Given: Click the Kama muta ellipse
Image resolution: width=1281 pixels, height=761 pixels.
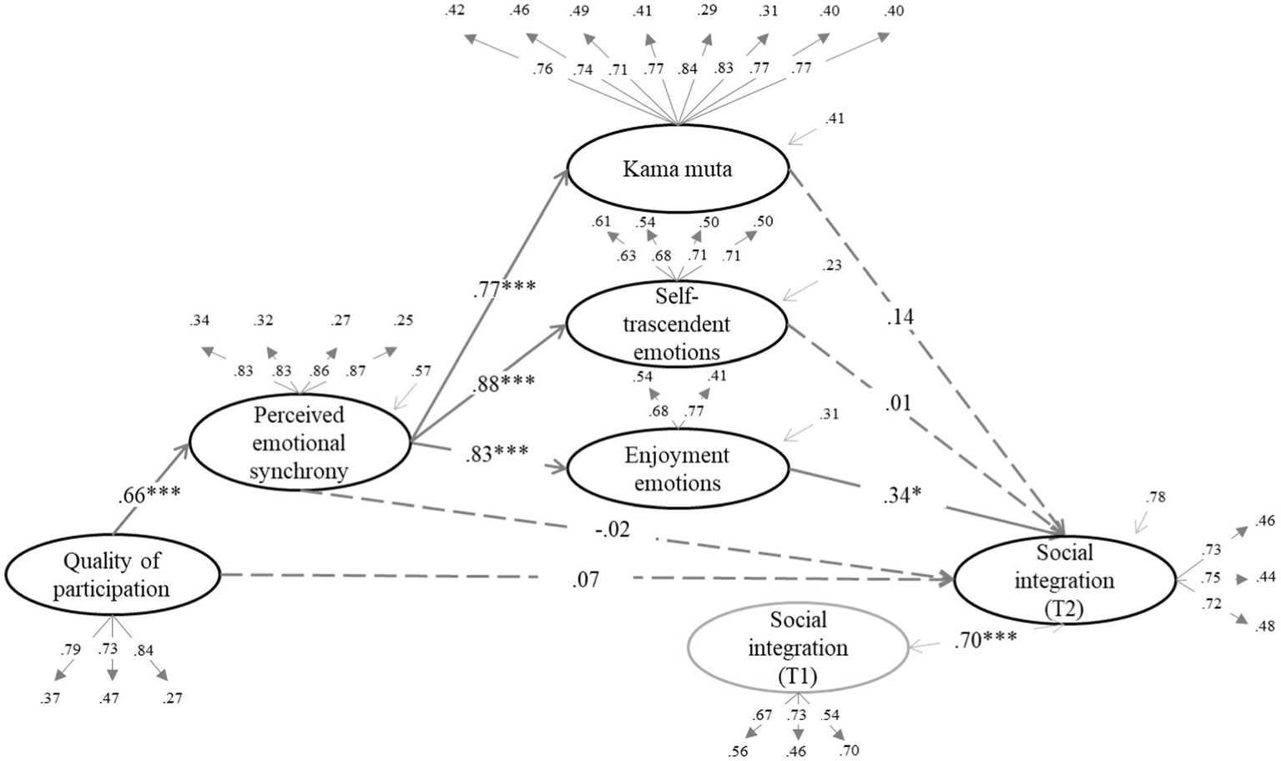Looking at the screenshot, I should click(677, 169).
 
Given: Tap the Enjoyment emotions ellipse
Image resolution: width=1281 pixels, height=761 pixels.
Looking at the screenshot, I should click(677, 469).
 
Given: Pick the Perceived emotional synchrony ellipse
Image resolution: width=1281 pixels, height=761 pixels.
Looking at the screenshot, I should click(300, 442).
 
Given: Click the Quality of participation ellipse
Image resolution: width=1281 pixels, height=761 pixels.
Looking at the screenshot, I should click(112, 575).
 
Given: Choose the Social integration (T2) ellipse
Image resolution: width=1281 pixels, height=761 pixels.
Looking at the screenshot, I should click(1064, 580).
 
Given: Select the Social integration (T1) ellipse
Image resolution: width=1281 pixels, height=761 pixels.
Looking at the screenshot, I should click(798, 648).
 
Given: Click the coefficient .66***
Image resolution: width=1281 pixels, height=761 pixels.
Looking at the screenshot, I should click(149, 494).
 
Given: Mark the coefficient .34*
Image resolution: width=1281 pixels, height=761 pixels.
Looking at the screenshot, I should click(902, 496).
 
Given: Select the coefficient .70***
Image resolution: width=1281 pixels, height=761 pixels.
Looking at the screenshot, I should click(986, 640).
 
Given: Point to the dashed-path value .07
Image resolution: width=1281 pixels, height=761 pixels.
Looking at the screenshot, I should click(585, 579).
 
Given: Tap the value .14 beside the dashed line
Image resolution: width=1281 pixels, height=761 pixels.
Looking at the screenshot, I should click(900, 317).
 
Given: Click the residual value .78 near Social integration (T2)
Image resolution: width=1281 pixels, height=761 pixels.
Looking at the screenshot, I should click(1156, 497).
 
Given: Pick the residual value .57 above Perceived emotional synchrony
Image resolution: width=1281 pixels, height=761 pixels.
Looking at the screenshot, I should click(421, 370).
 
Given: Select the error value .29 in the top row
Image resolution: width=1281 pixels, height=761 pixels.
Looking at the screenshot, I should click(708, 12).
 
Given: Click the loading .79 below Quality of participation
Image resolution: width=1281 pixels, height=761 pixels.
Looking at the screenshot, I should click(71, 649).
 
